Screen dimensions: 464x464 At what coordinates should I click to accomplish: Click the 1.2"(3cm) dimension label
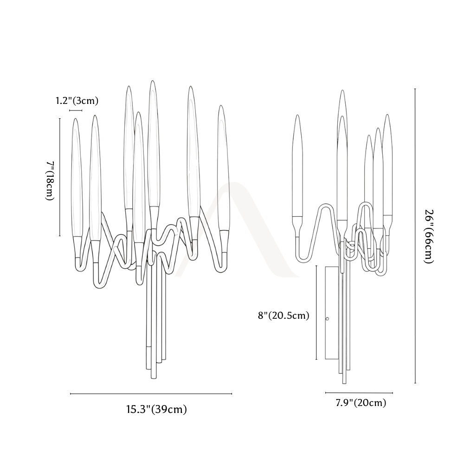(x=77, y=101)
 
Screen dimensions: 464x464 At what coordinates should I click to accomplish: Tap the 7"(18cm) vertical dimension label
(x=50, y=181)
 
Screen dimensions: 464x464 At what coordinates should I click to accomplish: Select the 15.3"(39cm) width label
(x=156, y=409)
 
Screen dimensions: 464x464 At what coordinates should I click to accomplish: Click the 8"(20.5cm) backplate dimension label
(x=284, y=316)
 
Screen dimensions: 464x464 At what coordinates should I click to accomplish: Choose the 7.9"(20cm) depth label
(x=361, y=403)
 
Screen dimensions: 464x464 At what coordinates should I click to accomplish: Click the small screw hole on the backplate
(x=327, y=319)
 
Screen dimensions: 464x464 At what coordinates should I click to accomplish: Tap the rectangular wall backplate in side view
(x=332, y=313)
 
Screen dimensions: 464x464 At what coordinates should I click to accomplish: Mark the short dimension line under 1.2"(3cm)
(x=76, y=111)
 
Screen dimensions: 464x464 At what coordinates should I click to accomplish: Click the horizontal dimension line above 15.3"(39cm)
(x=151, y=394)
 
